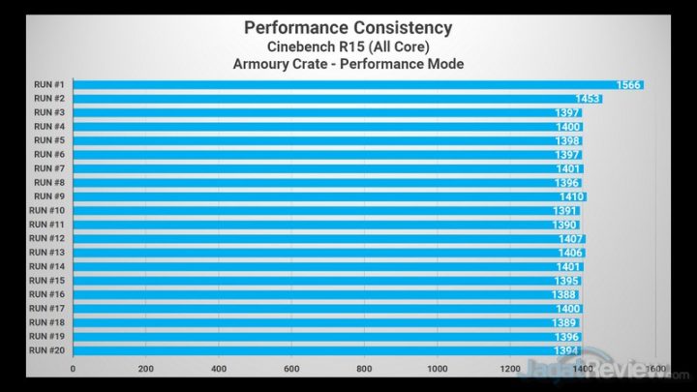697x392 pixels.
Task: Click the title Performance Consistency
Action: tap(348, 26)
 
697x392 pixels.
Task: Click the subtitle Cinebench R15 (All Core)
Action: tap(348, 45)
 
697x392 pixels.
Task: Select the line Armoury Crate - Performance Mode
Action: tap(348, 65)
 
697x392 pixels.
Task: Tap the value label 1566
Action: tap(629, 85)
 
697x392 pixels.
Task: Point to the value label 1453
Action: tap(589, 99)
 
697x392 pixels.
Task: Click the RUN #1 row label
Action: tap(49, 85)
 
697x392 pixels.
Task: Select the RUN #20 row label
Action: tap(47, 350)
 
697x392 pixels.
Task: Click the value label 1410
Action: tap(572, 196)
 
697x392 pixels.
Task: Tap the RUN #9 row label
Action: tap(49, 196)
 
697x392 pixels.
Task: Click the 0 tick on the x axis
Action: tap(74, 369)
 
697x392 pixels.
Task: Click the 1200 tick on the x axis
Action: tap(510, 369)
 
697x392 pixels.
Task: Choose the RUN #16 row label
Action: tap(47, 294)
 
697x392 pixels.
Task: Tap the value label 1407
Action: tap(571, 238)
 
